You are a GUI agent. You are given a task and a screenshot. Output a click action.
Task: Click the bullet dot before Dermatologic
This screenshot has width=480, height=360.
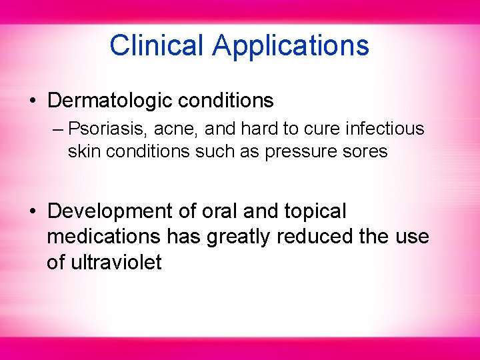coord(33,101)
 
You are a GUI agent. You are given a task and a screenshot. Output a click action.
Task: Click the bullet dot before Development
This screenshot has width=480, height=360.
coord(33,212)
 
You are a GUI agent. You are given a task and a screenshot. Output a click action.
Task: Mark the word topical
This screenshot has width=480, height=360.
coord(315,212)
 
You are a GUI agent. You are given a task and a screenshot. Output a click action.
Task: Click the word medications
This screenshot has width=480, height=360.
coord(104,237)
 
